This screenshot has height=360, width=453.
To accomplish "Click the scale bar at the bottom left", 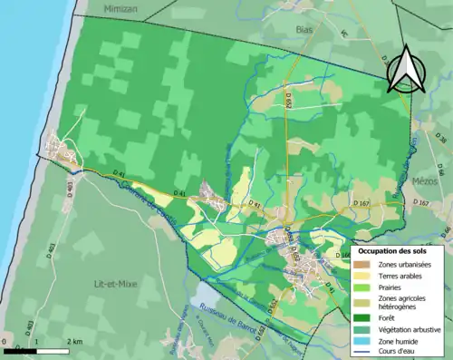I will pyautogui.click(x=36, y=350).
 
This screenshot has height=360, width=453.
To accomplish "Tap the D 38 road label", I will pyautogui.click(x=441, y=140).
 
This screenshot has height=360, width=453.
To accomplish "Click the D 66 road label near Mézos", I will pyautogui.click(x=439, y=170).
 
